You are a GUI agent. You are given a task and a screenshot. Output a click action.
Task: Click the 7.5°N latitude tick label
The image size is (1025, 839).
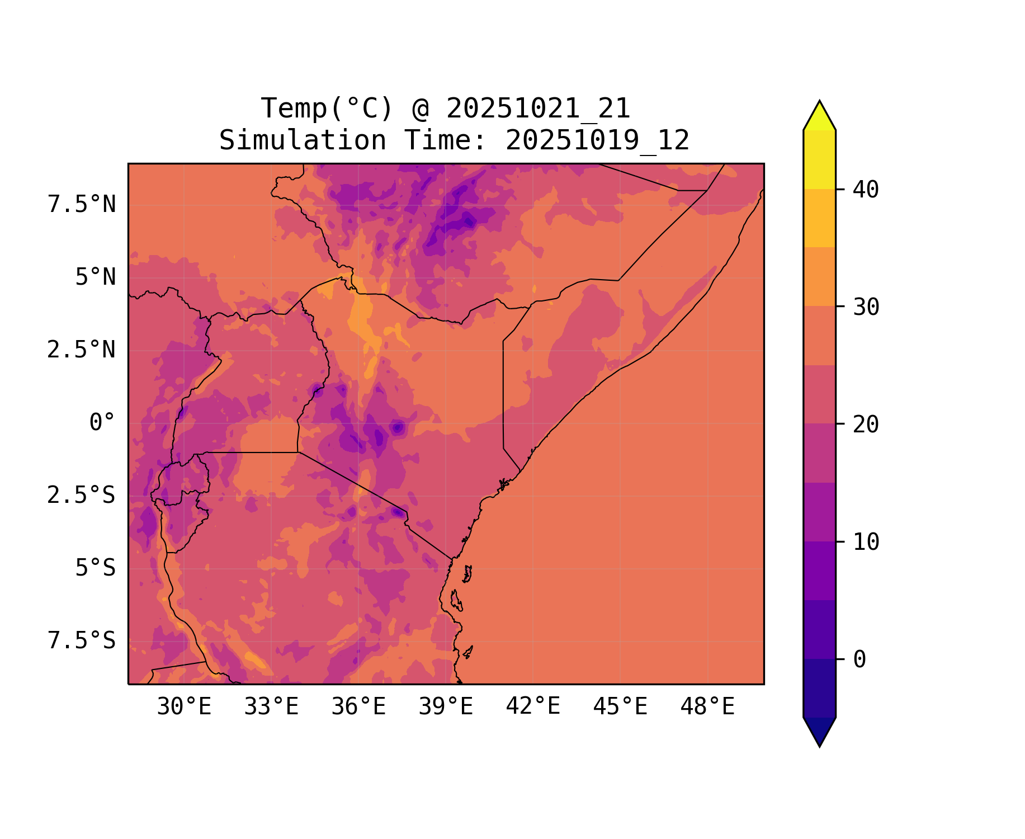[x=82, y=204]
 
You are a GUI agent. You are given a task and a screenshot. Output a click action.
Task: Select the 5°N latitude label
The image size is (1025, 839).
[x=96, y=277]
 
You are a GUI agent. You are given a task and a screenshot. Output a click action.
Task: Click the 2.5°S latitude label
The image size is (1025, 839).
[x=82, y=495]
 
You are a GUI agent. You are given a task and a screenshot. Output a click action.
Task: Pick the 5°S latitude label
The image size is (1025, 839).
[x=96, y=568]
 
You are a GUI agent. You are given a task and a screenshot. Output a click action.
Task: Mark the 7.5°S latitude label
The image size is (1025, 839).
[x=82, y=640]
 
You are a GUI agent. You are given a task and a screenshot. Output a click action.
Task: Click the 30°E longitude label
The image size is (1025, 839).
[x=184, y=706]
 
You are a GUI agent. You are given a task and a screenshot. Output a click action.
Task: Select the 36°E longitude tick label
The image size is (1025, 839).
[x=358, y=706]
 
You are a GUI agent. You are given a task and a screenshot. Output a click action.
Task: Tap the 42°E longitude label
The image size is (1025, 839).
[x=533, y=706]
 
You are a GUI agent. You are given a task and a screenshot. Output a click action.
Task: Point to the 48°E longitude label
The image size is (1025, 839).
[x=707, y=706]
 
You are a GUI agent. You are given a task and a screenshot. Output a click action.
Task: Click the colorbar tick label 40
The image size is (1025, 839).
[x=866, y=190]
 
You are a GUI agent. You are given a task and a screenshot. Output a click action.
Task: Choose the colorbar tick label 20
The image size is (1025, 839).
[x=866, y=425]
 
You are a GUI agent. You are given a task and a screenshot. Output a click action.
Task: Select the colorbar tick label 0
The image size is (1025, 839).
[x=859, y=659]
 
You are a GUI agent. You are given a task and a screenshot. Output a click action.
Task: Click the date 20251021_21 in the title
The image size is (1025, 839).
[x=539, y=109]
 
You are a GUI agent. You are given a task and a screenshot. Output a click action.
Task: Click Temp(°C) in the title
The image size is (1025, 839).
[x=327, y=109]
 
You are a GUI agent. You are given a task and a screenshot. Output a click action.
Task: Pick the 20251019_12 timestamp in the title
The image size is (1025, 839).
[x=597, y=140]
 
